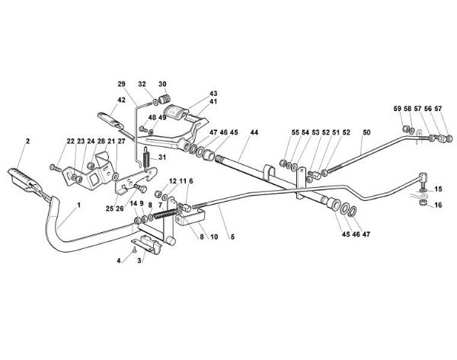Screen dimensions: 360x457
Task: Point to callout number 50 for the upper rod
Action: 366,132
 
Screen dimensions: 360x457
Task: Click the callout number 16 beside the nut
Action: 438,205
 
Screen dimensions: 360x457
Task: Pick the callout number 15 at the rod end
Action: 438,188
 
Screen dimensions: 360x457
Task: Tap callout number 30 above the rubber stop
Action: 162,83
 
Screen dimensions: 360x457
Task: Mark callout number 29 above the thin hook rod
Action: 121,83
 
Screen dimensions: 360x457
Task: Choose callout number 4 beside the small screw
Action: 118,261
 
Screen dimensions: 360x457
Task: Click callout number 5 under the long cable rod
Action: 232,237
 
